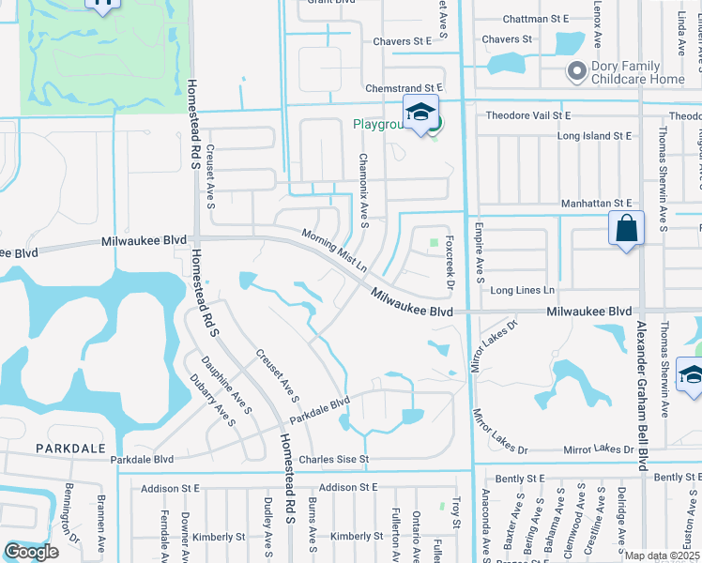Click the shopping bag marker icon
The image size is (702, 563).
[x=626, y=230]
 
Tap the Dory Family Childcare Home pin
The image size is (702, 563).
[x=576, y=70]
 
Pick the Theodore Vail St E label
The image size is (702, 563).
[x=528, y=115]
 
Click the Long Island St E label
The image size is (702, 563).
[x=594, y=136]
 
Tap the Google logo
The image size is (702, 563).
[x=31, y=552]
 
